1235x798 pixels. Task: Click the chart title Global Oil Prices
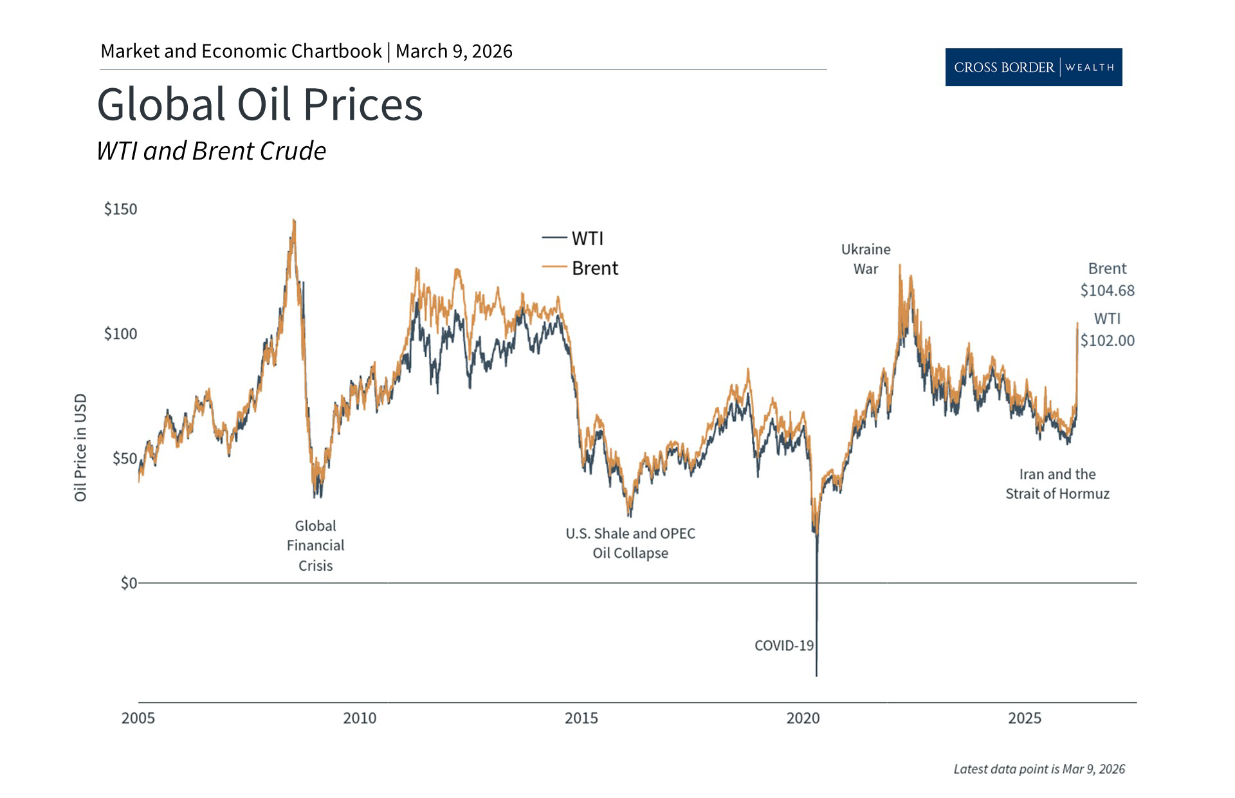(260, 104)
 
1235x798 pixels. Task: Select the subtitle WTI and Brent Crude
(211, 151)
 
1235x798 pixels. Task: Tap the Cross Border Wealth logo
(1033, 67)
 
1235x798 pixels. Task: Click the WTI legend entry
(573, 238)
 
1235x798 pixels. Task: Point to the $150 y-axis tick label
(120, 209)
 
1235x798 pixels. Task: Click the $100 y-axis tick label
(120, 333)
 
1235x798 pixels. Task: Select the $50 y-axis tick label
(124, 458)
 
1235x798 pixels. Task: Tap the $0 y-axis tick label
(129, 583)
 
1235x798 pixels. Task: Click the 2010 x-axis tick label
(360, 718)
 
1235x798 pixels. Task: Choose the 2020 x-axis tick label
(803, 718)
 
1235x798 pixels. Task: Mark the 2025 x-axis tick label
(1024, 718)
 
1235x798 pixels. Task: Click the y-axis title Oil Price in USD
(80, 447)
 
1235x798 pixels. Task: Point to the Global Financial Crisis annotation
(315, 545)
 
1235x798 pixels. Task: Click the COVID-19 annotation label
(783, 645)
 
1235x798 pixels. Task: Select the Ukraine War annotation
(866, 259)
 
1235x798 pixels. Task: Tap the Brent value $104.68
(1107, 290)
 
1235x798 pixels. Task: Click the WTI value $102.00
(1107, 340)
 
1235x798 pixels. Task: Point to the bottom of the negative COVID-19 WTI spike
(816, 674)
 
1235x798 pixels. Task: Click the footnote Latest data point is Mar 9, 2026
(1039, 769)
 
